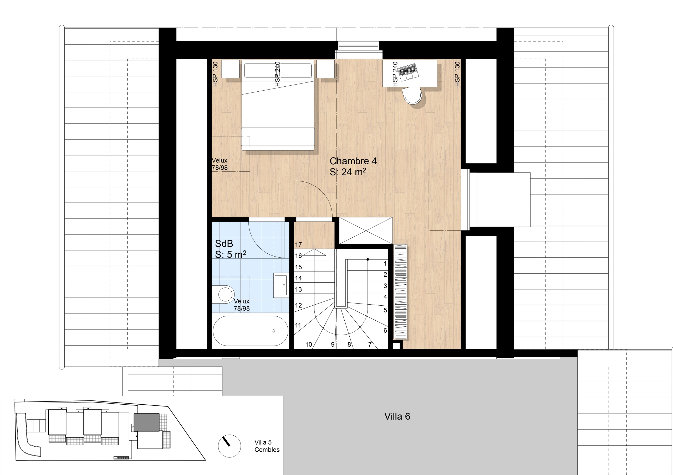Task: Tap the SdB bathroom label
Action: [230, 249]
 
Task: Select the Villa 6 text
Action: [397, 416]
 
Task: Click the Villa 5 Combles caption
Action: [267, 446]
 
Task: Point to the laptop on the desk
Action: [408, 72]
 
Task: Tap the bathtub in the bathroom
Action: [250, 331]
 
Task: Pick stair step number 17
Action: [298, 244]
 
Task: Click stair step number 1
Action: [385, 263]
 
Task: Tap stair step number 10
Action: [309, 344]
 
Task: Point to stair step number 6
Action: [385, 330]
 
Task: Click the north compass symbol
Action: [229, 446]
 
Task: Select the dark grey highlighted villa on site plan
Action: [146, 422]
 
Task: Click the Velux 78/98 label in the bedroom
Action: [220, 164]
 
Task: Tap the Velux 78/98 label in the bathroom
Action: [242, 305]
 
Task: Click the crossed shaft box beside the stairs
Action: [366, 231]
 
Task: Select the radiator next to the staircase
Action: [400, 292]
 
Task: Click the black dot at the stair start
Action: [368, 259]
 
